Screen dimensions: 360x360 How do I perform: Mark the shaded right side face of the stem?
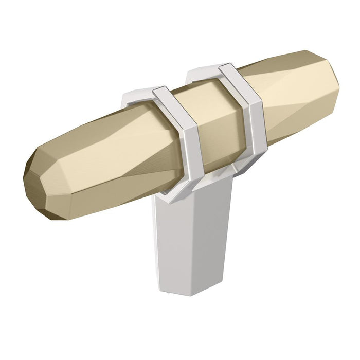(216, 231)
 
